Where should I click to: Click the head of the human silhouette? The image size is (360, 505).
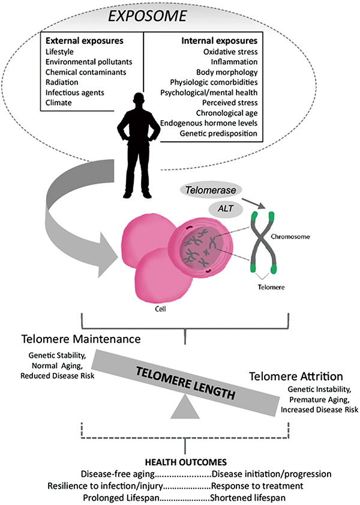143,103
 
